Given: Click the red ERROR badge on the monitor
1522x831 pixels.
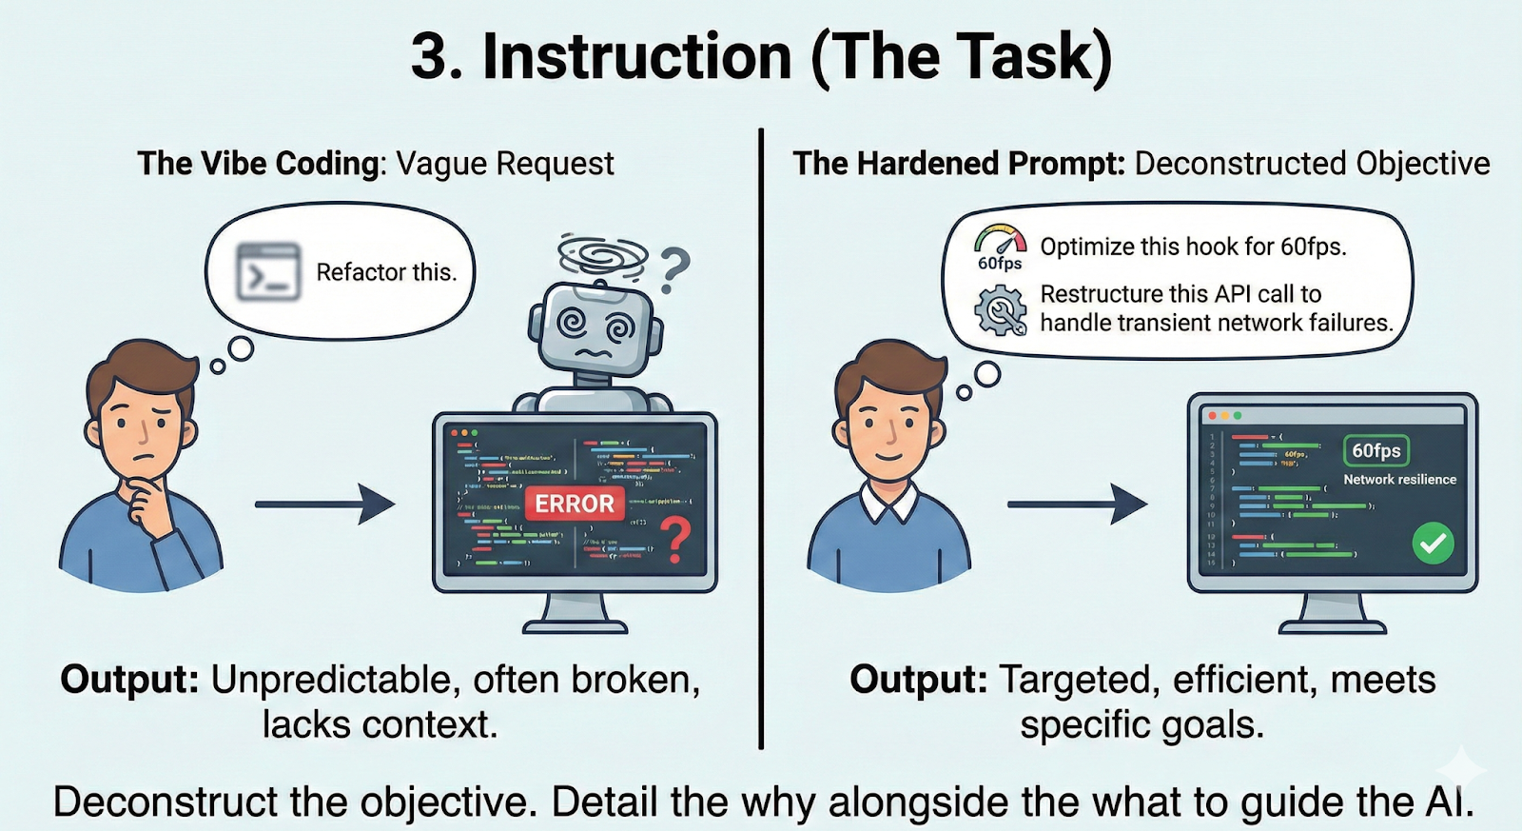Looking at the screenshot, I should tap(574, 504).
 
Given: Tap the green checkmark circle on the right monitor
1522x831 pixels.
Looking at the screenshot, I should tap(1433, 544).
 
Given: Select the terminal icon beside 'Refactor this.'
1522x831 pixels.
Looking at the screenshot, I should tap(268, 272).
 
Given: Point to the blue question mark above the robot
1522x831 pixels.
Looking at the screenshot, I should tap(674, 268).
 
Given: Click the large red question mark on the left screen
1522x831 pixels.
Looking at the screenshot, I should tap(675, 540).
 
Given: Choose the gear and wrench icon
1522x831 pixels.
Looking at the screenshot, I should tap(1001, 310).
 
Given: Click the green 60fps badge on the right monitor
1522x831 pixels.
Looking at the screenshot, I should tap(1376, 450).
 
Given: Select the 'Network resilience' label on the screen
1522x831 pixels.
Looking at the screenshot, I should tap(1399, 480).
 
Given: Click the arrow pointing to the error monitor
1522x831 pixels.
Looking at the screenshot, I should tap(324, 504).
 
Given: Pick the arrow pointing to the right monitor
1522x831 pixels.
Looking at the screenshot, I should tap(1077, 504).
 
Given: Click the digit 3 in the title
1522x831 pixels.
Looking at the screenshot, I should tap(429, 57).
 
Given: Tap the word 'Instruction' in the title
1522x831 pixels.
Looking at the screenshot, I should tap(637, 57).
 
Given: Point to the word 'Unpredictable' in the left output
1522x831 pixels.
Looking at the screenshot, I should tap(329, 680).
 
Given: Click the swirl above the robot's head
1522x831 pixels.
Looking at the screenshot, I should tap(602, 253).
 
